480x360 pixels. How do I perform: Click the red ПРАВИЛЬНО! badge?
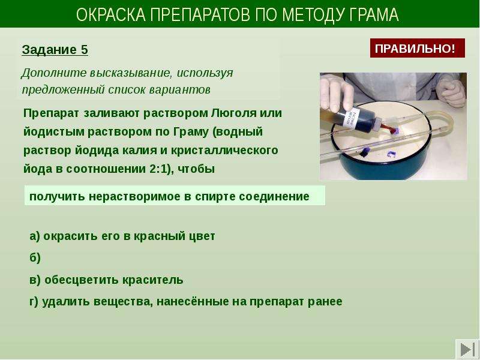pyautogui.click(x=417, y=48)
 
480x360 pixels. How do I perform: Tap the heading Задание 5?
pyautogui.click(x=55, y=50)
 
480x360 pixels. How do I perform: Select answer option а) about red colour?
pyautogui.click(x=122, y=236)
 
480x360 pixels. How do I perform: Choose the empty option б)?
pyautogui.click(x=35, y=258)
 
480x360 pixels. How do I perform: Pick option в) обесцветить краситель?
pyautogui.click(x=106, y=280)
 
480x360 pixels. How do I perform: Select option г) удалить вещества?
pyautogui.click(x=186, y=302)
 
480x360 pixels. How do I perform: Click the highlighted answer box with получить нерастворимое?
pyautogui.click(x=175, y=196)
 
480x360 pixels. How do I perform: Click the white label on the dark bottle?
pyautogui.click(x=351, y=117)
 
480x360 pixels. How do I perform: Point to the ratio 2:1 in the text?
pyautogui.click(x=158, y=169)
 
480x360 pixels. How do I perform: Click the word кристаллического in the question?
pyautogui.click(x=224, y=151)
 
